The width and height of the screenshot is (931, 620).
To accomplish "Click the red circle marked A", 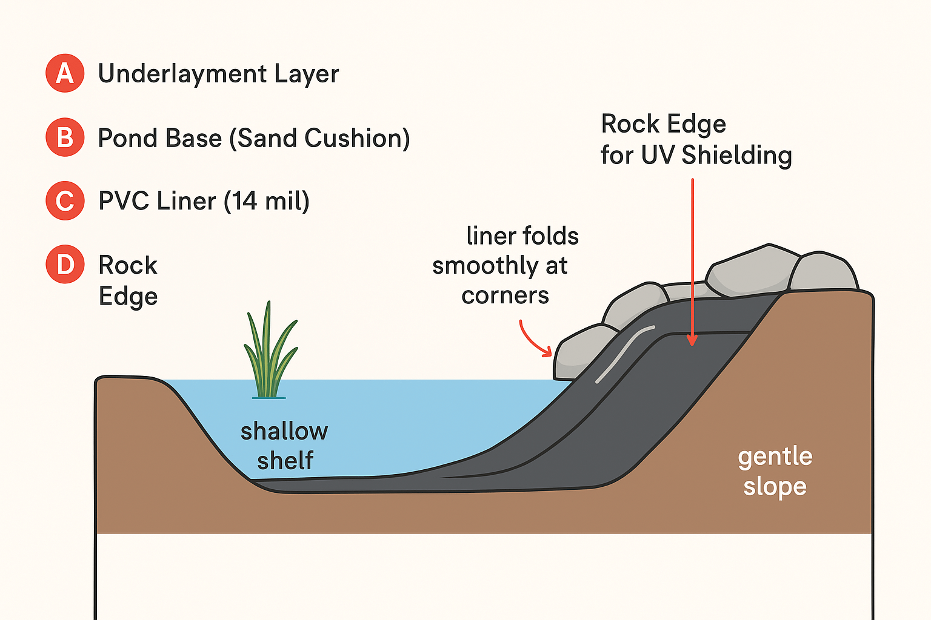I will [65, 73].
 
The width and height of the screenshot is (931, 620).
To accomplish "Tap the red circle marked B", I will [65, 137].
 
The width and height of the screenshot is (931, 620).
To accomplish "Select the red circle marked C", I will [65, 200].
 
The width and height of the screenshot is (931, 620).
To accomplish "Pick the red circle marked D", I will [65, 265].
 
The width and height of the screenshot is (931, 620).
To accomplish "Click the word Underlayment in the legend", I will [182, 74].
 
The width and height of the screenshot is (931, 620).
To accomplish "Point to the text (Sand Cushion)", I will [319, 138].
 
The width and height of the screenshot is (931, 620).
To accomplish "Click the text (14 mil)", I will [267, 201].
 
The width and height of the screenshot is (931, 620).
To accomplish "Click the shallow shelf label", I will [284, 446].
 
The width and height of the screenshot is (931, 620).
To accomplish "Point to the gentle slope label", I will [775, 471].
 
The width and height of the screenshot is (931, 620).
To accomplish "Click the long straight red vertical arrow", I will [692, 260].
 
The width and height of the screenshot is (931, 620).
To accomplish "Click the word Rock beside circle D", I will [128, 265].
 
